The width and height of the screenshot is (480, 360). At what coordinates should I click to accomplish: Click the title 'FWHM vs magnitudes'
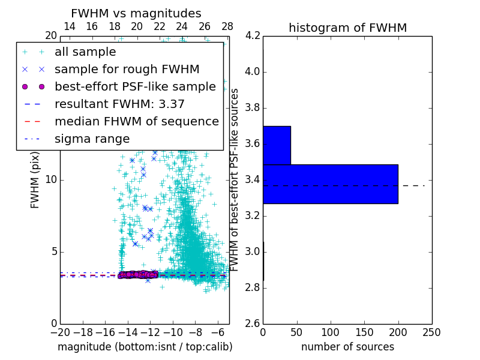(x=136, y=13)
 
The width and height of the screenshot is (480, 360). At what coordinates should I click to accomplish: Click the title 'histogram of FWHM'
(x=347, y=28)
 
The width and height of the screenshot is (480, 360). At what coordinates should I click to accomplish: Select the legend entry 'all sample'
(x=85, y=52)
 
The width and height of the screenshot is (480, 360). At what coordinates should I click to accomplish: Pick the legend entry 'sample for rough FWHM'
(x=127, y=70)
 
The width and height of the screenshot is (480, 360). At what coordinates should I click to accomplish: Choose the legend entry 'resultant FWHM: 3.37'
(x=119, y=104)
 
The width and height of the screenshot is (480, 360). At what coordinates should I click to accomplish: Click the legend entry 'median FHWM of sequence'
(x=137, y=122)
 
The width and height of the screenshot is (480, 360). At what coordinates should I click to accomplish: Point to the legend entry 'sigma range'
(x=92, y=139)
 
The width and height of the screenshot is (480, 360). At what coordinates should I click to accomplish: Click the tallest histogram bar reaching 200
(x=330, y=184)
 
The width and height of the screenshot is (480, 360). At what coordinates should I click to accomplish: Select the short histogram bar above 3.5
(x=277, y=145)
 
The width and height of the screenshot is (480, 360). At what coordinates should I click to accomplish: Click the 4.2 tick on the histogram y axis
(x=252, y=36)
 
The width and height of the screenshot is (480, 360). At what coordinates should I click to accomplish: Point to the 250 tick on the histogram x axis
(x=432, y=332)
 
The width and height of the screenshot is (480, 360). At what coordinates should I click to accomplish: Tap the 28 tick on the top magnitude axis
(x=227, y=26)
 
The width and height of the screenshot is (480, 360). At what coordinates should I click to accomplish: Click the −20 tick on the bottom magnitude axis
(x=60, y=332)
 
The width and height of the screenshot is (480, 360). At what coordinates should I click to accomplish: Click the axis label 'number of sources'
(x=347, y=347)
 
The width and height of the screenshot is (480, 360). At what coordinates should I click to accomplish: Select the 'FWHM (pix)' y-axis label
(x=35, y=180)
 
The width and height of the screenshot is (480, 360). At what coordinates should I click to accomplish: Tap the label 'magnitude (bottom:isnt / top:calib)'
(x=145, y=347)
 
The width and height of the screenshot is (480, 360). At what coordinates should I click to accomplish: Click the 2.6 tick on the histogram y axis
(x=252, y=323)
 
